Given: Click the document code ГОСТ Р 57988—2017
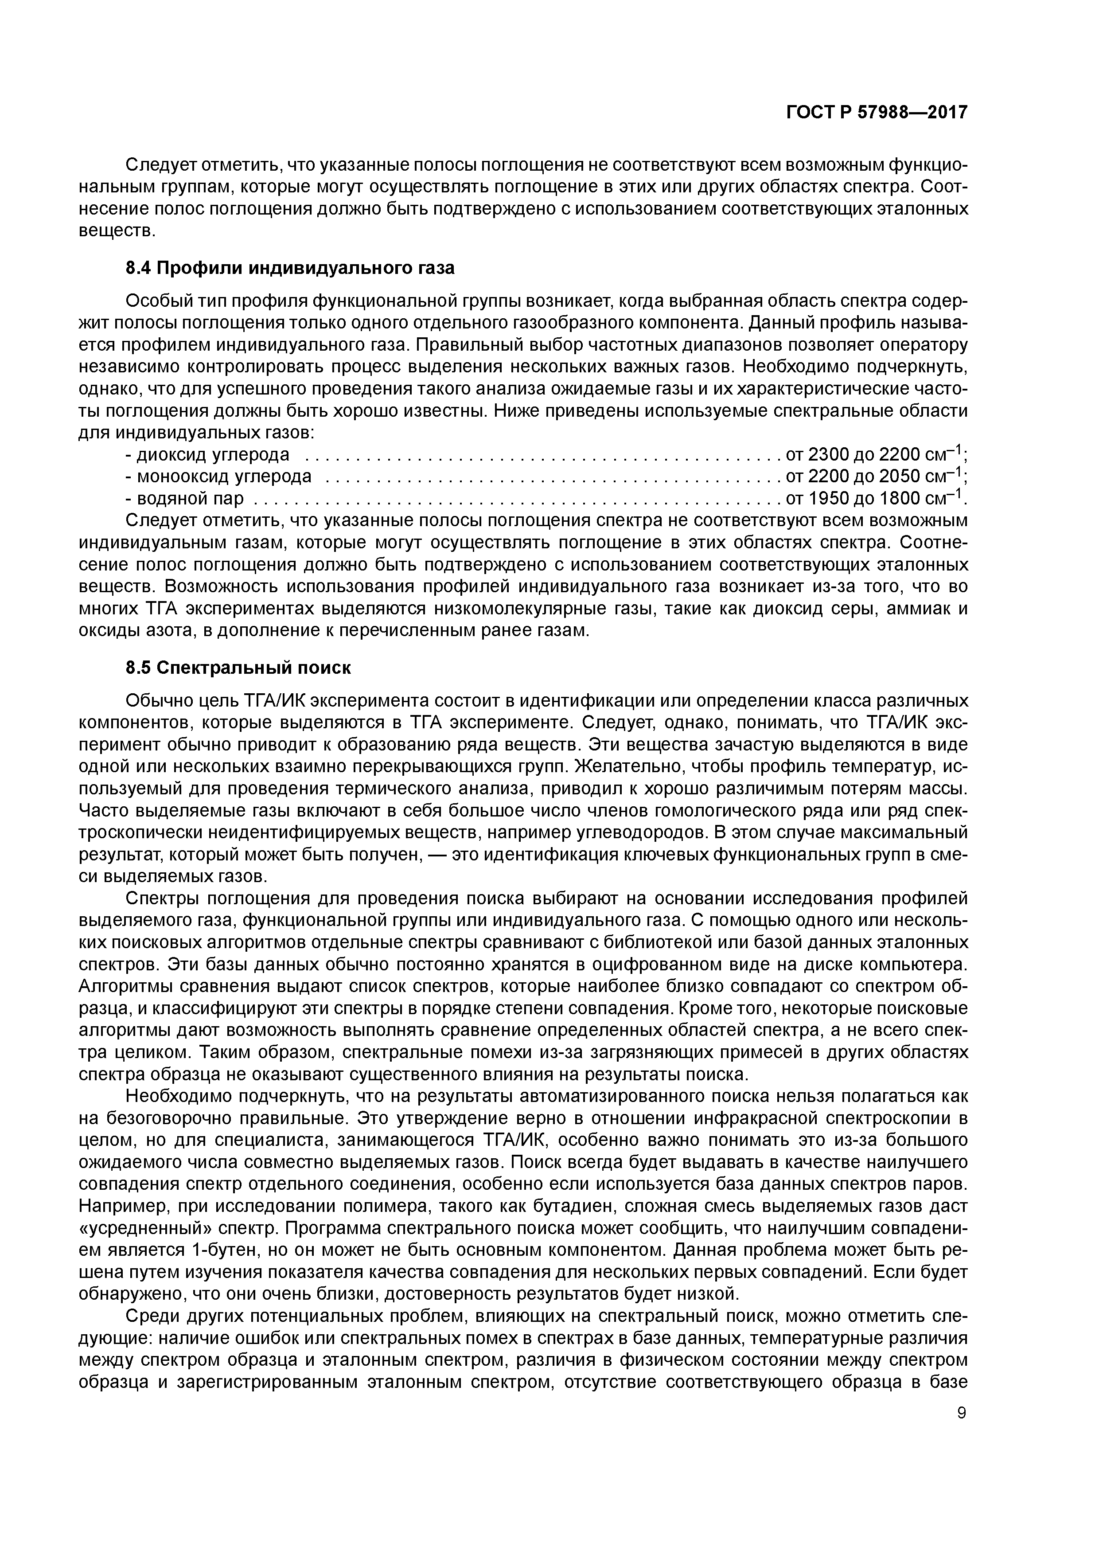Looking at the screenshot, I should [877, 113].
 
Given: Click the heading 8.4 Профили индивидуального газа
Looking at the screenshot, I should [290, 268].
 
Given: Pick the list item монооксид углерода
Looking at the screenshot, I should [224, 477].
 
